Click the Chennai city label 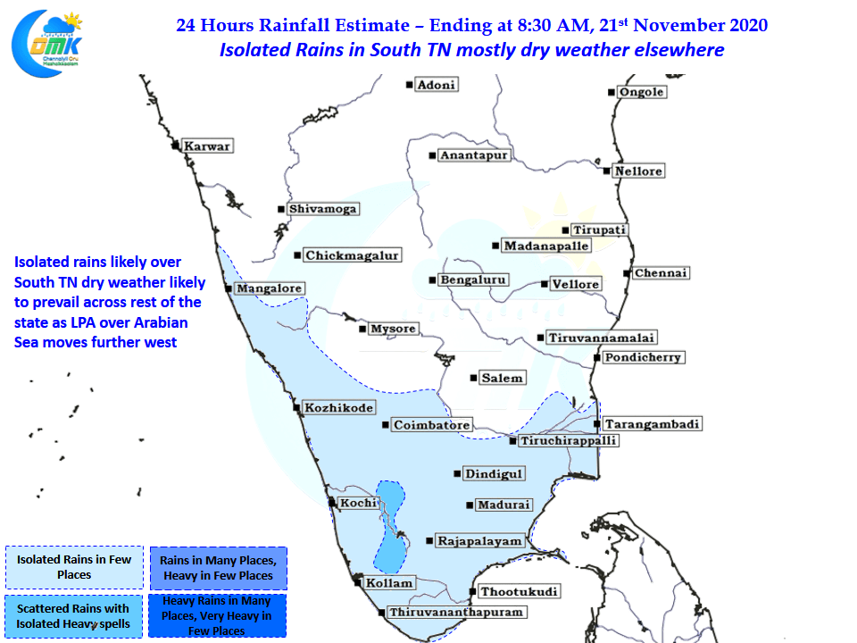click(661, 273)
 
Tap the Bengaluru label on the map click(473, 280)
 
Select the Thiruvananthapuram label click(456, 612)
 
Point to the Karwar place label click(207, 146)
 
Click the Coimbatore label click(432, 425)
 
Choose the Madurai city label click(503, 505)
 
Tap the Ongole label click(642, 92)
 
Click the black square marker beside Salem click(473, 378)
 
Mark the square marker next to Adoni click(410, 85)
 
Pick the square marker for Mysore click(362, 329)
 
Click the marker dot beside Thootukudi click(473, 591)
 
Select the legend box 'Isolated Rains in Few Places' click(74, 567)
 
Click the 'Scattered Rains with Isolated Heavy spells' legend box click(74, 616)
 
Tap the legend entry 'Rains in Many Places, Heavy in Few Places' click(218, 568)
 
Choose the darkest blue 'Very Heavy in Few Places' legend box click(217, 615)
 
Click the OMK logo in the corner click(47, 44)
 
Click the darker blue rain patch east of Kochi click(390, 527)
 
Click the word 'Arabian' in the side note click(161, 322)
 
